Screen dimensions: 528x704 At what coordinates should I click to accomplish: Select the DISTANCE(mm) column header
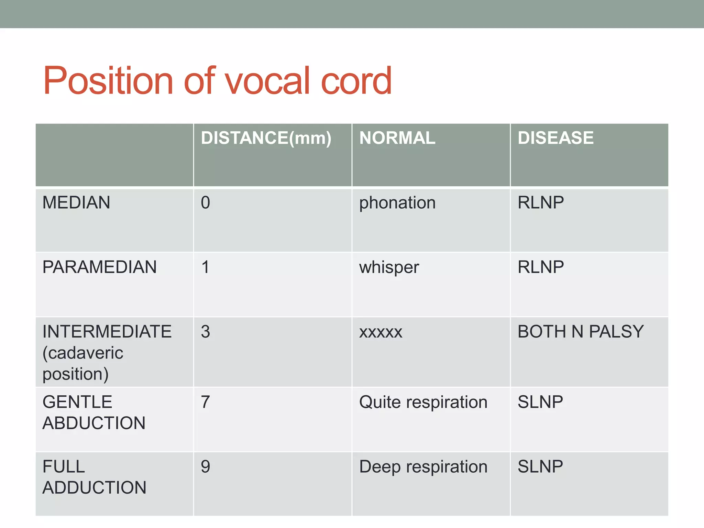(266, 138)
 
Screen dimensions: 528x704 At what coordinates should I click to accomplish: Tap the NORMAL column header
(397, 138)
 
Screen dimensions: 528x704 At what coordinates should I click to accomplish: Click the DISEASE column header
(555, 138)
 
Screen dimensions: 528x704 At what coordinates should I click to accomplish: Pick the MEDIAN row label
(76, 202)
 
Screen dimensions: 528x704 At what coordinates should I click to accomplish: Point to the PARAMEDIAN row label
(99, 267)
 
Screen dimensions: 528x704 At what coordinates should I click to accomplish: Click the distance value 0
(206, 202)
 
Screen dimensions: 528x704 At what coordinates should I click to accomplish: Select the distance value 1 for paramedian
(206, 267)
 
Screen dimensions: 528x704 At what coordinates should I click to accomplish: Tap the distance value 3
(206, 332)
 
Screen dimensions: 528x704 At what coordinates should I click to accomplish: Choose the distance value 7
(206, 402)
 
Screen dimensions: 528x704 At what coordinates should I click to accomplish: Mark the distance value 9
(206, 466)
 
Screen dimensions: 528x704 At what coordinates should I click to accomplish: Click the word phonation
(397, 202)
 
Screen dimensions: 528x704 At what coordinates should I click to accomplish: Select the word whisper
(389, 267)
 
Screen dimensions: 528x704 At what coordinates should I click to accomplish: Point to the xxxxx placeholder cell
(381, 332)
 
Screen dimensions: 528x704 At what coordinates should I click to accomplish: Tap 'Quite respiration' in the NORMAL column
(423, 402)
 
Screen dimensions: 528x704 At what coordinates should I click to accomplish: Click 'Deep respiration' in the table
(423, 466)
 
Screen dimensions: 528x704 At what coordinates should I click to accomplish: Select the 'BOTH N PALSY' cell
(581, 332)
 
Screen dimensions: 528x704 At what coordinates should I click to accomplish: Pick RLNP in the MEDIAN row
(541, 202)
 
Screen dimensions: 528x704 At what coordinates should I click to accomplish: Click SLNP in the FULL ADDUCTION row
(540, 466)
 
